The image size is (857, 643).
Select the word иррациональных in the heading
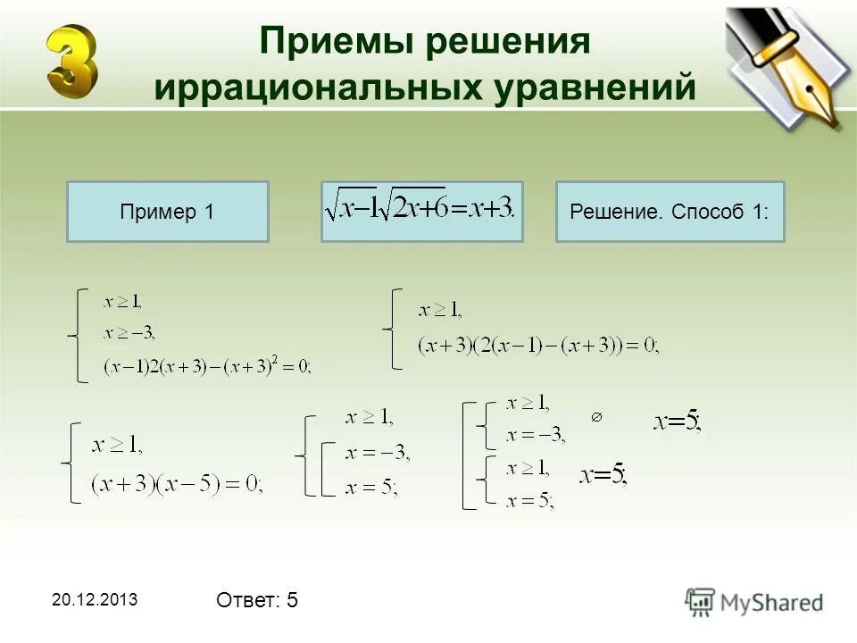click(x=300, y=88)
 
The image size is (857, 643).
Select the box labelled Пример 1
click(x=168, y=213)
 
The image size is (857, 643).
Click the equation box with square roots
click(x=421, y=211)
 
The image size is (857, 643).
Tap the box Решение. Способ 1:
click(x=670, y=213)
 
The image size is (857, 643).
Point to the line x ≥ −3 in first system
click(x=129, y=333)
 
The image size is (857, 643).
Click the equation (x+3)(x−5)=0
click(x=177, y=483)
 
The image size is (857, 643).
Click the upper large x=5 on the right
click(x=678, y=422)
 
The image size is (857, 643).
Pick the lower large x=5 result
click(x=603, y=475)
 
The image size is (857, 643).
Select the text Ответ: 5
click(x=257, y=601)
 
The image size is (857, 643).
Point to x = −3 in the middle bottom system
click(x=377, y=454)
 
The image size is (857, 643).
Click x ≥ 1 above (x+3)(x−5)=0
click(x=117, y=444)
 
